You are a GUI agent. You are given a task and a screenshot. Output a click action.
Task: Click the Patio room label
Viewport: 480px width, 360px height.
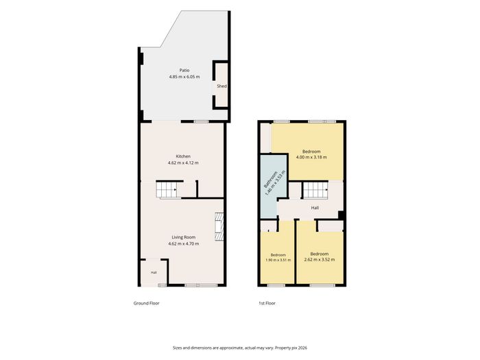coord(184,71)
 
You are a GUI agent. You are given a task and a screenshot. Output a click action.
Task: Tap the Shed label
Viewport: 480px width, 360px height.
coord(221,86)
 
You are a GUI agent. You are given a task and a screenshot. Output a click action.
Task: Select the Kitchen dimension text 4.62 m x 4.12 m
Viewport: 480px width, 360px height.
coord(183,163)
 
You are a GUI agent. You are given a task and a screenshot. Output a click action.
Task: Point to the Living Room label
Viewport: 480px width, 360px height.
coord(183,237)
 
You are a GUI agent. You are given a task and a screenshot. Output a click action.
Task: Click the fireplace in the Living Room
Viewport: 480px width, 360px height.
coord(219,227)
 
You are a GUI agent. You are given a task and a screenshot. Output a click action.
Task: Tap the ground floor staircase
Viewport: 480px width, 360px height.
coord(167,190)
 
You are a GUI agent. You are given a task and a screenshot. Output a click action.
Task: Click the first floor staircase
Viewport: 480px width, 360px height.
coord(315,190)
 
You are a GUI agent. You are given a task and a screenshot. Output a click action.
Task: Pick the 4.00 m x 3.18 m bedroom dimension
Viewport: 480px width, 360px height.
coord(311,157)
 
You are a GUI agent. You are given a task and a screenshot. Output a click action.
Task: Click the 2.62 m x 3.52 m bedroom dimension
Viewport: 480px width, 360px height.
coord(320,260)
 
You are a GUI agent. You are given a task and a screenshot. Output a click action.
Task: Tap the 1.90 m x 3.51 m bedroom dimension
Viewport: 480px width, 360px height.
coord(278,260)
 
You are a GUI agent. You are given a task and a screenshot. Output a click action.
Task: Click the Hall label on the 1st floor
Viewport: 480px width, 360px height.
coord(315,208)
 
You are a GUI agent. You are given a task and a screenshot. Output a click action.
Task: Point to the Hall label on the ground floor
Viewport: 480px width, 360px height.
coord(154,272)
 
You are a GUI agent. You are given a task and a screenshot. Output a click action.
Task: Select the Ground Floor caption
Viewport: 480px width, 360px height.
coord(146,303)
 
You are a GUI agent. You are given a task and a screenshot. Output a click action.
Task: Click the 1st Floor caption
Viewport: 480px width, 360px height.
coord(267,303)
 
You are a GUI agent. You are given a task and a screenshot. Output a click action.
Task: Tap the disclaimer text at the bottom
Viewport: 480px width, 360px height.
coord(240,348)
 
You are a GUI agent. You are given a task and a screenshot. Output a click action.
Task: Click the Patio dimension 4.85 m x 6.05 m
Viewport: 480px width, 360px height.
coord(184,77)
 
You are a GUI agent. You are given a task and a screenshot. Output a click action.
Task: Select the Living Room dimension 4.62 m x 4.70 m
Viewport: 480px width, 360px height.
coord(183,244)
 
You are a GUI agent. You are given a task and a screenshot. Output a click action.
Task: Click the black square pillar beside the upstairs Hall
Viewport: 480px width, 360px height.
coord(341,215)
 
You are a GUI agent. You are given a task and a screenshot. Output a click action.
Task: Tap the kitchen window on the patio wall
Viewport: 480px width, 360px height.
coord(201,122)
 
